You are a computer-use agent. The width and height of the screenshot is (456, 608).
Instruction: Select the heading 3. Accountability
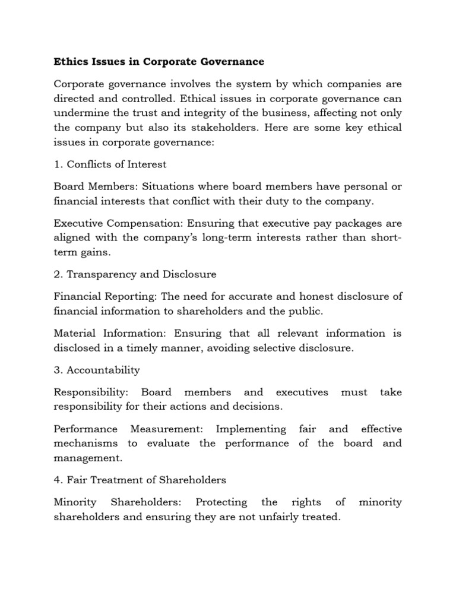coord(97,370)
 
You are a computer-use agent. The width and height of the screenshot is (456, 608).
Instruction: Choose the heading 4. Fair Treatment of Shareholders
coord(140,480)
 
